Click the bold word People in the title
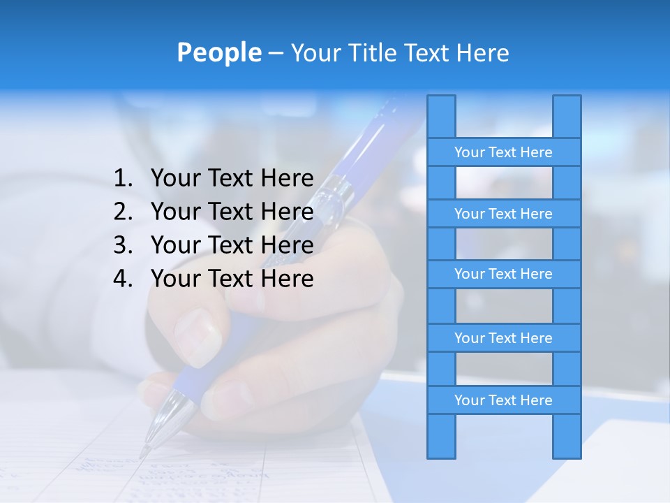(218, 52)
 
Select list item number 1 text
(232, 178)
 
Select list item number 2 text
(232, 212)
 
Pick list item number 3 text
(232, 245)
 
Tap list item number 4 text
(232, 279)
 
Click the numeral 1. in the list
(123, 178)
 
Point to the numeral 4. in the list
(123, 279)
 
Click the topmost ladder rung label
(503, 152)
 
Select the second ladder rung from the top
(503, 214)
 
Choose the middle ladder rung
(503, 274)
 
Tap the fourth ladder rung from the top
(503, 338)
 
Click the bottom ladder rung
(503, 400)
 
